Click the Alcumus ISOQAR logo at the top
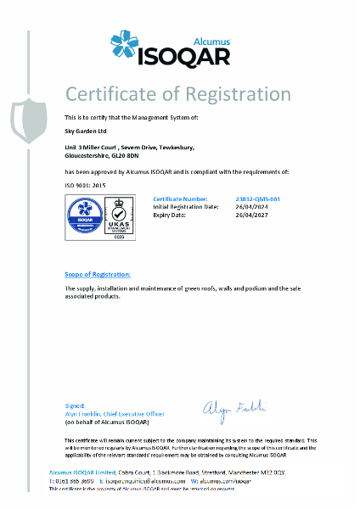(180, 44)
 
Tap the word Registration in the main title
(238, 93)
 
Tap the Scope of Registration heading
(98, 275)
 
